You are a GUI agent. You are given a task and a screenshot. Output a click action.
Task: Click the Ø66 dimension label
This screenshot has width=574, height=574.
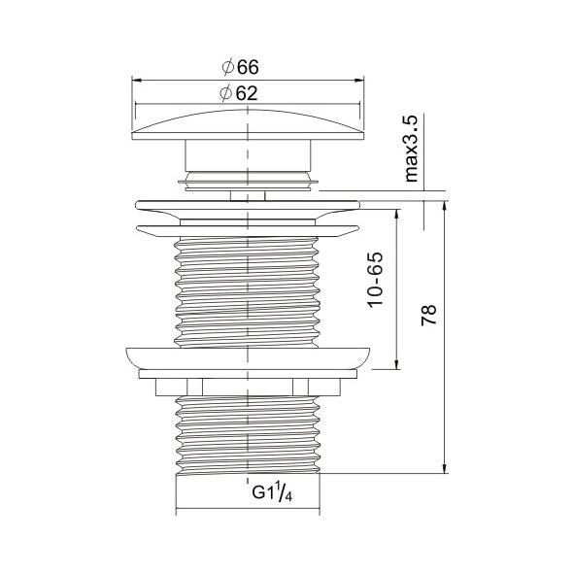241,67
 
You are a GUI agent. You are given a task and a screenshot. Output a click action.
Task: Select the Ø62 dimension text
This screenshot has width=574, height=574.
239,93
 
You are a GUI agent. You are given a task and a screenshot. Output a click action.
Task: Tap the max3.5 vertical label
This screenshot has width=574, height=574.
412,149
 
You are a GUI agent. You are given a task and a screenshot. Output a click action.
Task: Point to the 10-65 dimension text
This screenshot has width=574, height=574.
376,280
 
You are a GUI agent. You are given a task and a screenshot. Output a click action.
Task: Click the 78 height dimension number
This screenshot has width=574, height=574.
428,315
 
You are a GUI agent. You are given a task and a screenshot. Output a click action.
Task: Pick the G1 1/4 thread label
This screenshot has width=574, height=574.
272,491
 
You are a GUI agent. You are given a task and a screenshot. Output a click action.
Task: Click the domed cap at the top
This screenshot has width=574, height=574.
248,124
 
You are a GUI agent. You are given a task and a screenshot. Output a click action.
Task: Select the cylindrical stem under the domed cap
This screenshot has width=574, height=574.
248,155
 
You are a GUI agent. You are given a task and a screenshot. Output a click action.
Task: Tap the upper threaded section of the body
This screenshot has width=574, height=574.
248,291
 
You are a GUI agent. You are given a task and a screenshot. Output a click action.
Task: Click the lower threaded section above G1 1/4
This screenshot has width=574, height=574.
248,434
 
